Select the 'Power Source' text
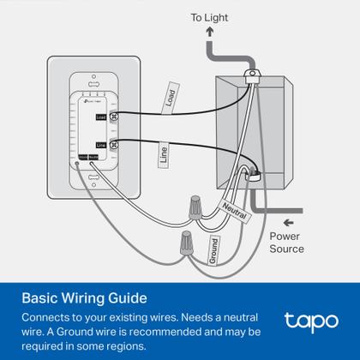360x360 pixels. point(287,242)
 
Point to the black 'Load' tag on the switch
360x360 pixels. point(101,117)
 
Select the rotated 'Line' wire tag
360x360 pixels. point(163,154)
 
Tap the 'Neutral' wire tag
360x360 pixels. point(233,208)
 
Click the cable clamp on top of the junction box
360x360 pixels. point(252,76)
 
